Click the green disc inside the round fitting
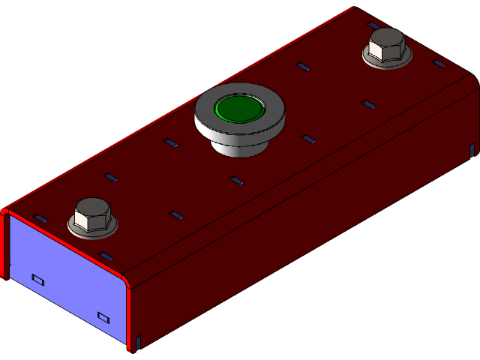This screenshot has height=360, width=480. tap(239, 109)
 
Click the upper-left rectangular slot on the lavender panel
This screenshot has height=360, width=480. tap(37, 279)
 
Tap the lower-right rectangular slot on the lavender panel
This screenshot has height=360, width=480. tap(103, 316)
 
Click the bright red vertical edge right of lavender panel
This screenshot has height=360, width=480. tap(127, 315)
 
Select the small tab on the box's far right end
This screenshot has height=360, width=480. tap(471, 149)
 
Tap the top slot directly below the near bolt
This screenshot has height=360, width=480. tap(106, 256)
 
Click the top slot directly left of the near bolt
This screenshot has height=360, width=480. tap(40, 218)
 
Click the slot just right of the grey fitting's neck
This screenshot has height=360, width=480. tap(307, 139)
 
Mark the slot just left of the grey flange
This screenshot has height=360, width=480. tap(171, 142)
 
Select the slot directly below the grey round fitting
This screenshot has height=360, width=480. tap(237, 180)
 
